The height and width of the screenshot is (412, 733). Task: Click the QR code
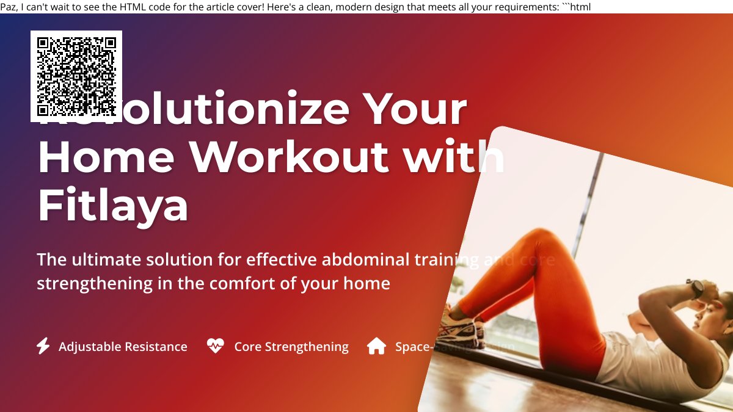tap(76, 76)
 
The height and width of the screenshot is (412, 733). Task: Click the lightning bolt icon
tap(43, 346)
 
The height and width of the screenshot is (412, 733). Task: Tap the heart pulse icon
tap(215, 346)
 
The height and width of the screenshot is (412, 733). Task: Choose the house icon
tap(376, 346)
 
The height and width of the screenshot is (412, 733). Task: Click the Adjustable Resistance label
tap(123, 347)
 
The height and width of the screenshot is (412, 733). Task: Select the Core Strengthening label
tap(291, 347)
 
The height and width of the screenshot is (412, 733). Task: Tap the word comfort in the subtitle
tap(233, 284)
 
